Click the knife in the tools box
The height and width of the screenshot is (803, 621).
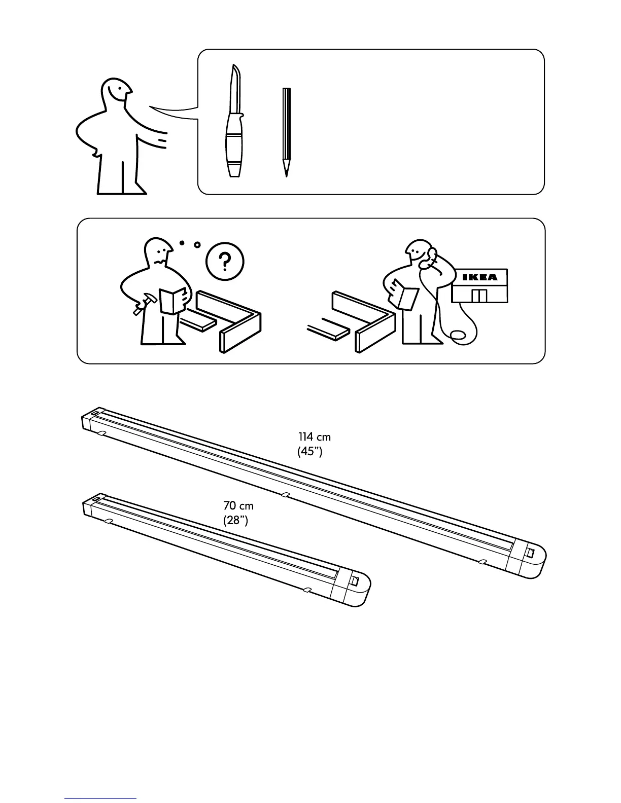233,122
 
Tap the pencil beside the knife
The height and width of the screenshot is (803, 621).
286,132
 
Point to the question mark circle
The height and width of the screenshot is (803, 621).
225,262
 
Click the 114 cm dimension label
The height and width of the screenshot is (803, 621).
315,436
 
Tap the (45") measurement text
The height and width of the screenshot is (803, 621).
310,451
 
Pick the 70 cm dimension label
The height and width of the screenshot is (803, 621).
238,505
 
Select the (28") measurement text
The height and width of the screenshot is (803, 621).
235,520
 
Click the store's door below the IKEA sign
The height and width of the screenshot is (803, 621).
479,296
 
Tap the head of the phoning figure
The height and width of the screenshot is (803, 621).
419,252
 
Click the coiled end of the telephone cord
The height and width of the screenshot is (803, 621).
458,336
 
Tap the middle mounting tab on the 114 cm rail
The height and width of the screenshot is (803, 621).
286,494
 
